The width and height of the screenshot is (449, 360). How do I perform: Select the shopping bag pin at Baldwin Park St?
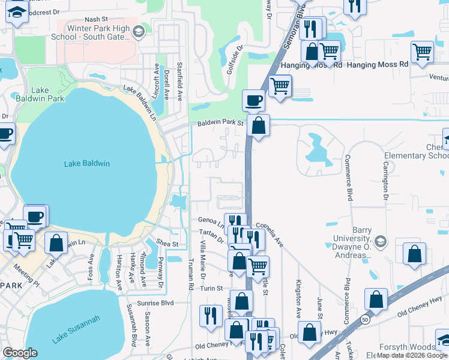click(x=258, y=126)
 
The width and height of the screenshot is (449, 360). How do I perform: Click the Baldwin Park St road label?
click(x=221, y=124)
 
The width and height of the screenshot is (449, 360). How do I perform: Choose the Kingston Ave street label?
click(x=298, y=299)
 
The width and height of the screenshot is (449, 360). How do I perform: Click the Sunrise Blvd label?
click(x=154, y=303)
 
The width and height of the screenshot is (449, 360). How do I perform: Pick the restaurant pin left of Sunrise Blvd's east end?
click(x=211, y=314)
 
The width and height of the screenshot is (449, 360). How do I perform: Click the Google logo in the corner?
click(x=20, y=353)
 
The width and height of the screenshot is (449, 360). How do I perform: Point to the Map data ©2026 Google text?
click(x=412, y=356)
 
